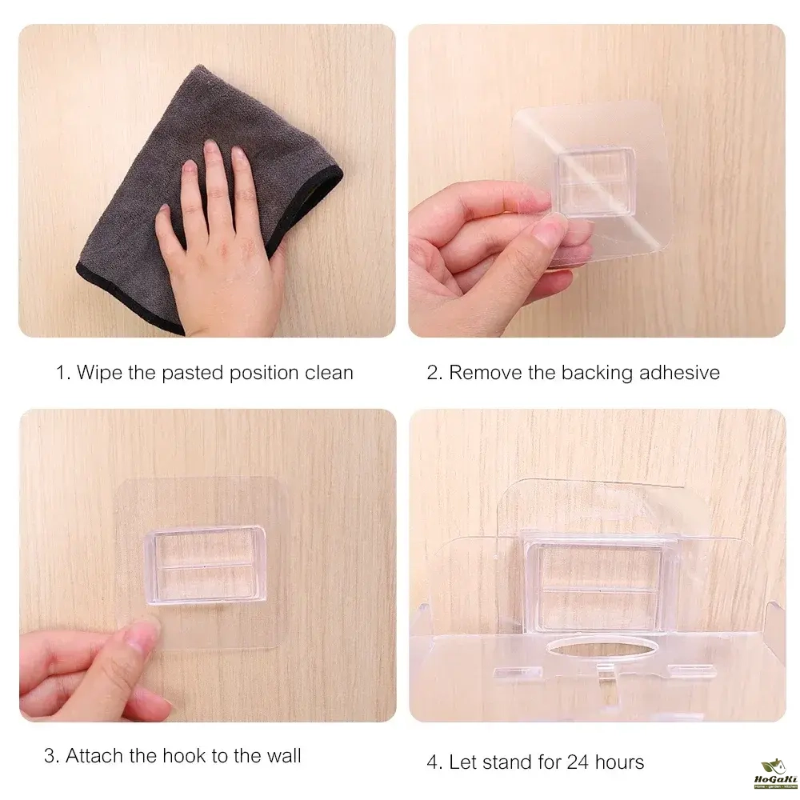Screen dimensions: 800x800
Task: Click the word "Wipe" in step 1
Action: (99, 373)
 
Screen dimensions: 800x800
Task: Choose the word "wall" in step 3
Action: (284, 756)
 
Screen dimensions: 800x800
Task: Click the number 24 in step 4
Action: (578, 762)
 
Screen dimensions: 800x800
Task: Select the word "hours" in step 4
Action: (619, 762)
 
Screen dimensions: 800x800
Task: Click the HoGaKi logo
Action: (775, 774)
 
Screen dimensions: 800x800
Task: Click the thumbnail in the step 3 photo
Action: (143, 636)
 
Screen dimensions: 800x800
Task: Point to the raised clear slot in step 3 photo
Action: (206, 566)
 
